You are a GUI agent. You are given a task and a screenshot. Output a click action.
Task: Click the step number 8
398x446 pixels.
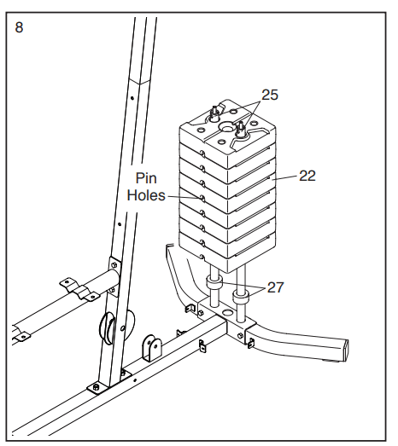[x=19, y=27]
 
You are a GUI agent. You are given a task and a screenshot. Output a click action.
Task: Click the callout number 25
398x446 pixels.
[x=270, y=95]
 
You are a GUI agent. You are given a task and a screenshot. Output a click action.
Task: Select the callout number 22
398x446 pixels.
[x=307, y=176]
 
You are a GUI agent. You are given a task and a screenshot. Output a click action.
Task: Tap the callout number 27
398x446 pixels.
[x=275, y=287]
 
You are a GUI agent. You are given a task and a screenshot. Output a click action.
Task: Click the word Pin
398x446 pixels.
[x=146, y=178]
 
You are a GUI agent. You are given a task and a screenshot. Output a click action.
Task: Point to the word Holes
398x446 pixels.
[x=146, y=195]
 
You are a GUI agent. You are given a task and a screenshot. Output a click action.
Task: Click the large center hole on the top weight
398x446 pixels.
[x=227, y=128]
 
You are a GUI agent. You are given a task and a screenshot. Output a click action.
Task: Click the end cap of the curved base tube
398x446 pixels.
[x=346, y=350]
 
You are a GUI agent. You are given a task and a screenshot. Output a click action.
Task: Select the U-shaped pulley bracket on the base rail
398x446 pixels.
[x=152, y=348]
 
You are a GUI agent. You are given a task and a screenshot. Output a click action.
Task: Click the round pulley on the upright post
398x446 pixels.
[x=107, y=327]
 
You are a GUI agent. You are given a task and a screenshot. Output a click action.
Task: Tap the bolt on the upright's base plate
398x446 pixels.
[x=97, y=387]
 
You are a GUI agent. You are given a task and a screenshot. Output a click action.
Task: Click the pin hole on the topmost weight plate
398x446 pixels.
[x=202, y=153]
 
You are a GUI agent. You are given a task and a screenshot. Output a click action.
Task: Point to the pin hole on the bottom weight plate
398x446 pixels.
[x=202, y=258]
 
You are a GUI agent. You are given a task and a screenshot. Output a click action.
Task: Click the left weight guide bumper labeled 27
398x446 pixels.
[x=214, y=285]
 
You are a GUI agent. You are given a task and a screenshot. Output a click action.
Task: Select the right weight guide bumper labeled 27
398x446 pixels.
[x=241, y=298]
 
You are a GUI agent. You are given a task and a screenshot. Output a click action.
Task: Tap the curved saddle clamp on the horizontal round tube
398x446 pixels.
[x=79, y=290]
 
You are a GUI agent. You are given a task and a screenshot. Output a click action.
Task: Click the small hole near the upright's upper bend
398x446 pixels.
[x=132, y=98]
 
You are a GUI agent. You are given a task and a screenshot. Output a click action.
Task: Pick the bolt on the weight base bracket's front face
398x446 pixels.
[x=240, y=335]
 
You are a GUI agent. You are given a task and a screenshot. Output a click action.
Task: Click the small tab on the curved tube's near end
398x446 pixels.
[x=251, y=344]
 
